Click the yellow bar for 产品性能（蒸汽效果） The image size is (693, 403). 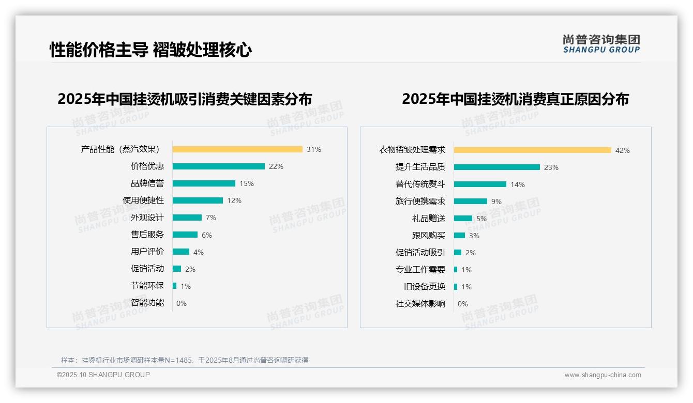[237, 149]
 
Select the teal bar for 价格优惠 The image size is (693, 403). [218, 166]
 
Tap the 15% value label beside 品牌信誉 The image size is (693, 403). [247, 183]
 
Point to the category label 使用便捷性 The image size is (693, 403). [143, 200]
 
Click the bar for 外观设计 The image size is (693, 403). [187, 218]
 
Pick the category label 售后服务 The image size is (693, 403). [147, 235]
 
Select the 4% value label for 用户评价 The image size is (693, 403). [199, 252]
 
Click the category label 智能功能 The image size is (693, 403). [147, 303]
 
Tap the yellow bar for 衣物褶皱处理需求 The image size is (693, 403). [533, 150]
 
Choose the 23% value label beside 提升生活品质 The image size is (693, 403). [551, 167]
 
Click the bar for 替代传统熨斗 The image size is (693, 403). [480, 184]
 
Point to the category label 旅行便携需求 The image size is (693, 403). [420, 202]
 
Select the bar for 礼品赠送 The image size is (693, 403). [463, 219]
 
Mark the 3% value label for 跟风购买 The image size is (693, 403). [474, 236]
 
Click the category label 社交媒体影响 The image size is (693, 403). [420, 304]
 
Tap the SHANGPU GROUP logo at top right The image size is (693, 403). [601, 44]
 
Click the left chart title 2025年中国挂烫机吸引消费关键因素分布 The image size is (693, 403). [185, 99]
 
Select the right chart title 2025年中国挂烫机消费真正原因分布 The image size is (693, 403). [515, 99]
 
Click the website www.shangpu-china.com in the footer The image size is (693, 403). [602, 375]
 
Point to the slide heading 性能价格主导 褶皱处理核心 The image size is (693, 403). [150, 50]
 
